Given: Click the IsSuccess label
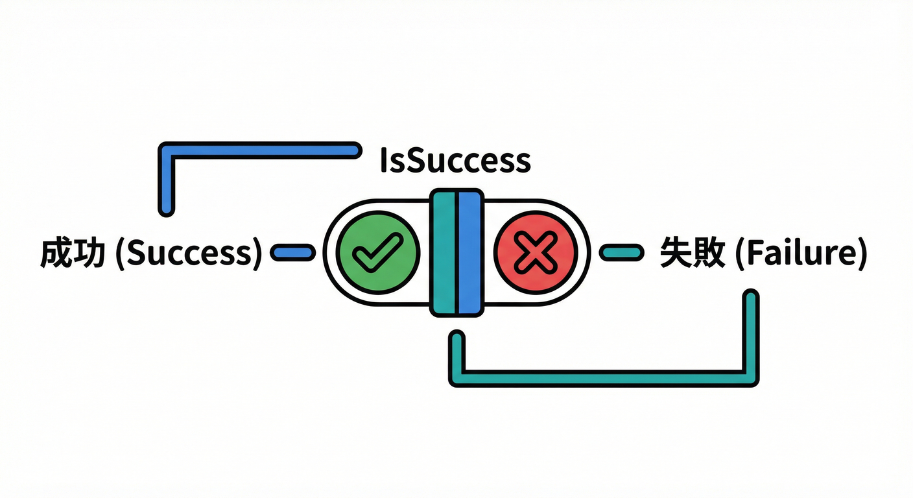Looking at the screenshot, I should click(455, 161).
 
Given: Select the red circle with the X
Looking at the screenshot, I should click(536, 253).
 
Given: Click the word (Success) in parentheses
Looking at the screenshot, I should click(188, 254).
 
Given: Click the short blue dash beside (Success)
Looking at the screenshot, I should click(292, 253).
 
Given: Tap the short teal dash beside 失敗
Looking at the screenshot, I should click(622, 253).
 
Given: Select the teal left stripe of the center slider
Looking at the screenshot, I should click(444, 253).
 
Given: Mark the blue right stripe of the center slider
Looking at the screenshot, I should click(469, 253).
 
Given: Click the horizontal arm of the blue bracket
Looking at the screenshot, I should click(259, 150).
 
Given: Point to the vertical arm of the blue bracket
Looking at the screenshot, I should click(167, 185).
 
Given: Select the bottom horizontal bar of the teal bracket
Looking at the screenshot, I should click(603, 378).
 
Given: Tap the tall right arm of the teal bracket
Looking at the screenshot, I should click(750, 334).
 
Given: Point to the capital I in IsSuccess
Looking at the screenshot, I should click(383, 161).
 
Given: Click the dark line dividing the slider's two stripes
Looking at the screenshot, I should click(456, 253).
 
